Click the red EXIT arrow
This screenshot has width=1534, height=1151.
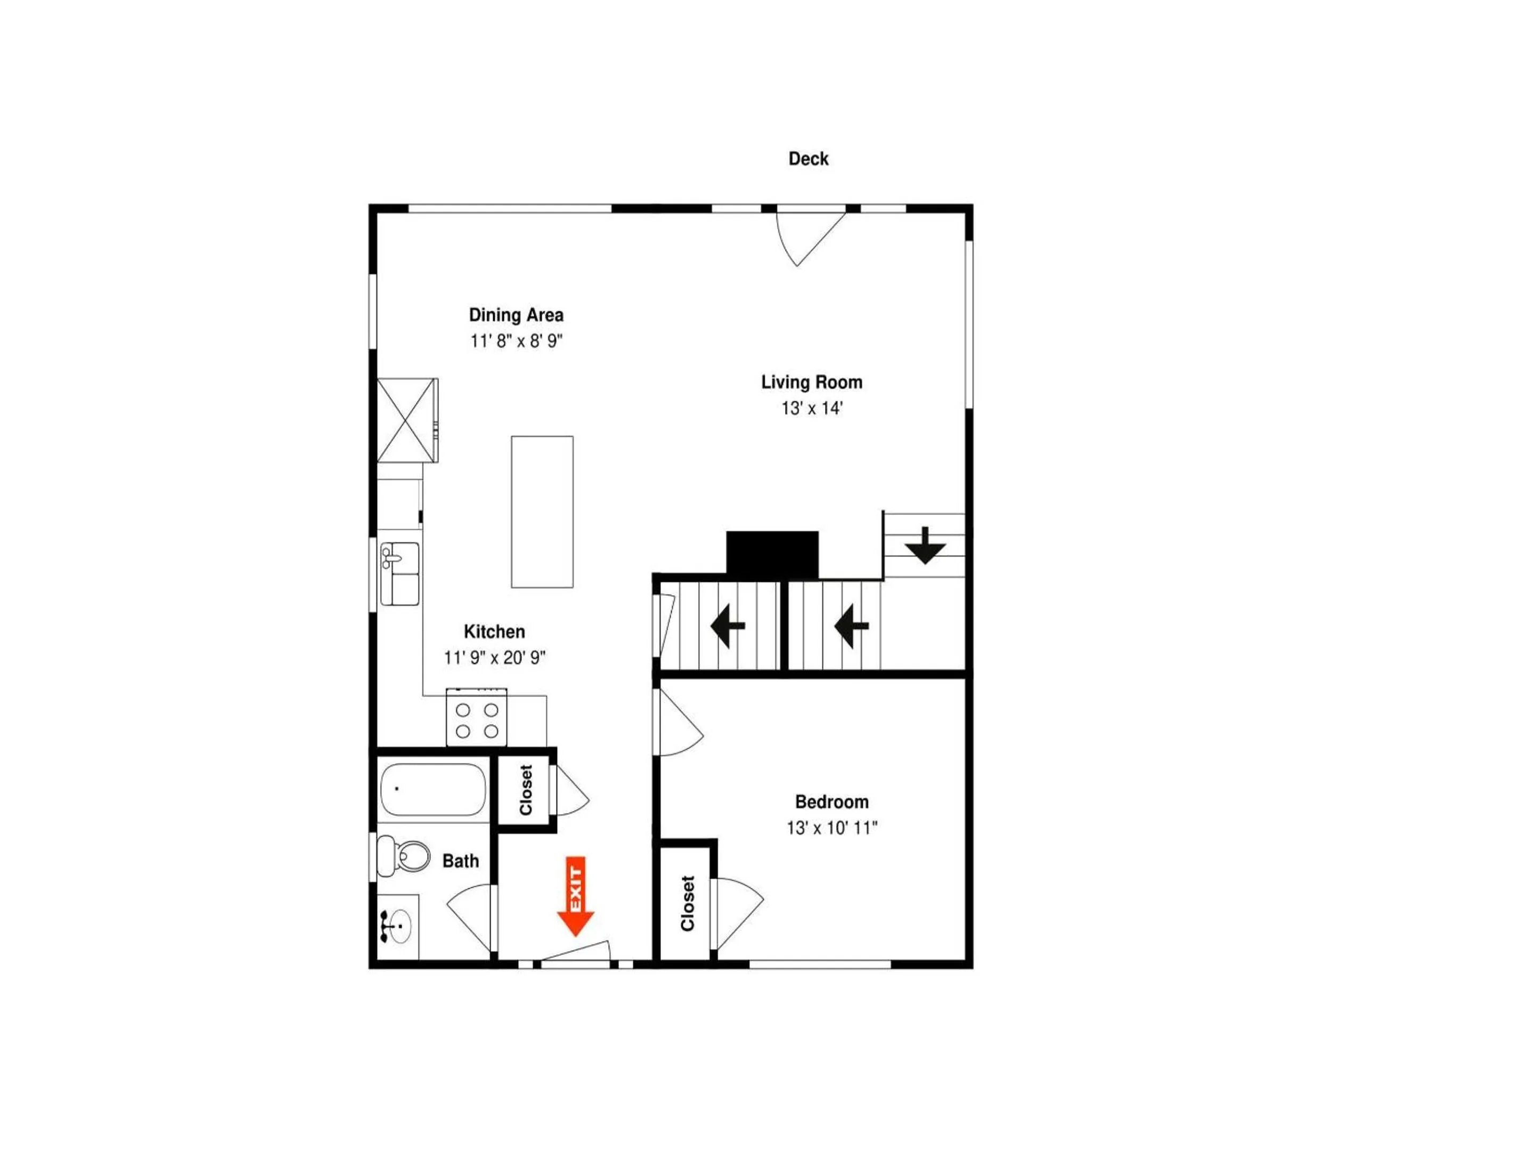[x=576, y=896]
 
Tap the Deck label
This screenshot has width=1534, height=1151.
[x=808, y=159]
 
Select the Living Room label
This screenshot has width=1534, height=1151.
[x=811, y=382]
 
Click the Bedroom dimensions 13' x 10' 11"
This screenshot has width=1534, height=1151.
[x=831, y=828]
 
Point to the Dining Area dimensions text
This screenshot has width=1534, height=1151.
[x=516, y=341]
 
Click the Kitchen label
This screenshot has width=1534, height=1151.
[x=494, y=631]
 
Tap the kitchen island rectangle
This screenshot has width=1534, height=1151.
[x=542, y=512]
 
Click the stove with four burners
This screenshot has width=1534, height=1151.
[x=476, y=717]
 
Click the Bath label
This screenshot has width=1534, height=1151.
[x=461, y=861]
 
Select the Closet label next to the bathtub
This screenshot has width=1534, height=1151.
[x=526, y=790]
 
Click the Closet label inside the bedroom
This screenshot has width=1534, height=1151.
[x=687, y=903]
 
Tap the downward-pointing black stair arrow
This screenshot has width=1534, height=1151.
[x=925, y=545]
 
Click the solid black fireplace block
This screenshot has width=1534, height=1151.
[x=772, y=554]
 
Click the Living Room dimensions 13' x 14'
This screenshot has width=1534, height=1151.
[x=811, y=408]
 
